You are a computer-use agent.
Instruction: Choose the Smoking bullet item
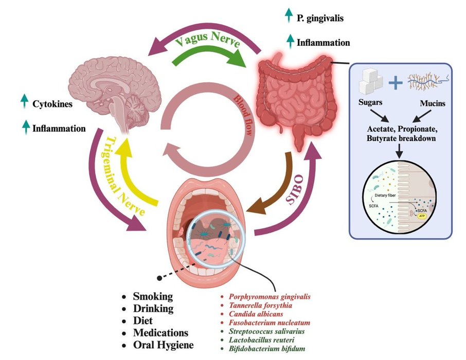[x=153, y=297]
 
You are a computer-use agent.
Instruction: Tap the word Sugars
[x=372, y=102]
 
